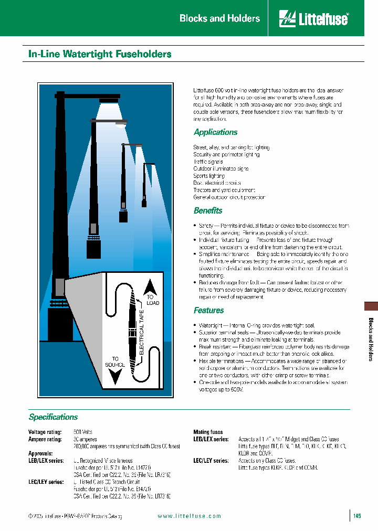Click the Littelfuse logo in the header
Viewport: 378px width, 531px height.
[313, 18]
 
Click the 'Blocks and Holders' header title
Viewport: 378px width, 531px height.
[219, 18]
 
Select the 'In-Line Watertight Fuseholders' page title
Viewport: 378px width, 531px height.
[100, 54]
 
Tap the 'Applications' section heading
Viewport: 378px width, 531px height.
[215, 132]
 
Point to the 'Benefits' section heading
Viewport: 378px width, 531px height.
[208, 210]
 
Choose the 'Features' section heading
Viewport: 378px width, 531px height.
[208, 310]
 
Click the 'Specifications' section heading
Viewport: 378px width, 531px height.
[53, 417]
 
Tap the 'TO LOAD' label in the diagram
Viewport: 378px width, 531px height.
[152, 300]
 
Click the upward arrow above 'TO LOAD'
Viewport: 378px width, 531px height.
[151, 285]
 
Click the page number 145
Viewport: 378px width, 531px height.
[357, 516]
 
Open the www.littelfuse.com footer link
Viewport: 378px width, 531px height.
[189, 516]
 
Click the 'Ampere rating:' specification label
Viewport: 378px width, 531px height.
[44, 439]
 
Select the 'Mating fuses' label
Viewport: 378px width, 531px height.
[208, 432]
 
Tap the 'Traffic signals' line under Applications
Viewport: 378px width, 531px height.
[208, 162]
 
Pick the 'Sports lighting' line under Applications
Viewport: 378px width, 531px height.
[209, 176]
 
